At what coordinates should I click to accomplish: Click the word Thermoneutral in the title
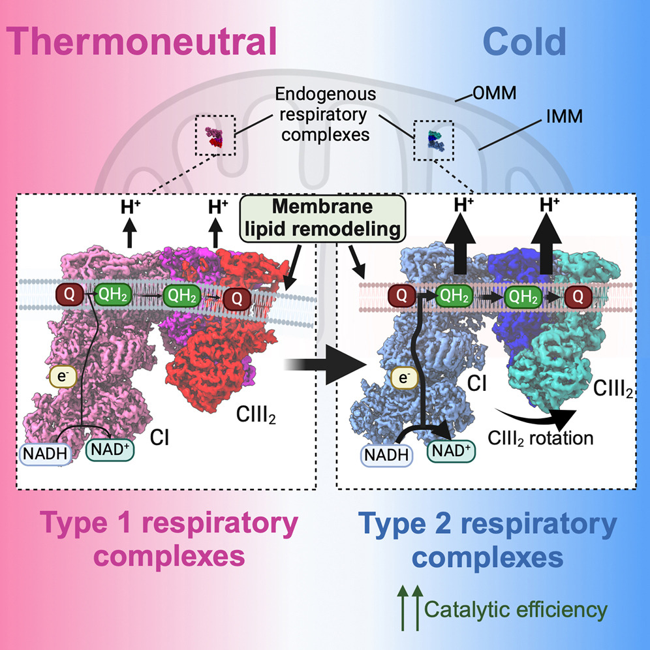click(142, 42)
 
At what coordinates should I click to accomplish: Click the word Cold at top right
click(525, 42)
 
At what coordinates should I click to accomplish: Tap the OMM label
click(495, 93)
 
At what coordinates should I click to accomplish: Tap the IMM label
click(565, 116)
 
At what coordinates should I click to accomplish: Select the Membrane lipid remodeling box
click(322, 219)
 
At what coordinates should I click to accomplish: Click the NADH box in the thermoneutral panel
click(45, 454)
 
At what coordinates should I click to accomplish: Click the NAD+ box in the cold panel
click(451, 450)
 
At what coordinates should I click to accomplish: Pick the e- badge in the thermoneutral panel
click(63, 377)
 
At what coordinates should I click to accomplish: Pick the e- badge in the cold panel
click(404, 378)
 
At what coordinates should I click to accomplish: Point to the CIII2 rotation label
click(540, 438)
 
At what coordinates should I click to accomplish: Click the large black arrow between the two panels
click(326, 365)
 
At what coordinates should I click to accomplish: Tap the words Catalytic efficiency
click(516, 610)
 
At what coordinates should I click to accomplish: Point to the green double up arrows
click(410, 608)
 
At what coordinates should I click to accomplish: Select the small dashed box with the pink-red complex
click(215, 136)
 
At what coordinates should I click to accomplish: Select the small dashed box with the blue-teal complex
click(433, 140)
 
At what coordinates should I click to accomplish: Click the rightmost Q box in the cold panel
click(578, 296)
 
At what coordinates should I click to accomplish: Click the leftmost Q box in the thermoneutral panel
click(70, 294)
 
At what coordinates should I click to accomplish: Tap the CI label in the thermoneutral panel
click(159, 438)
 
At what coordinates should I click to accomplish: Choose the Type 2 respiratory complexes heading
click(487, 541)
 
